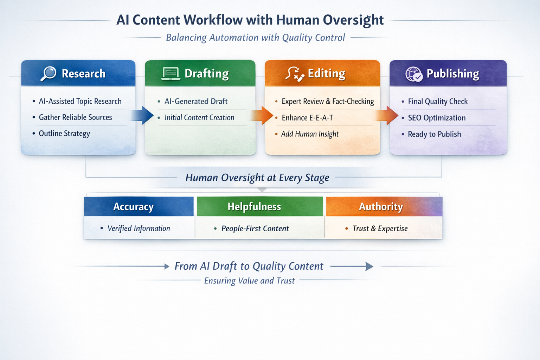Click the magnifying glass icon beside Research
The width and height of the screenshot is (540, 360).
click(49, 73)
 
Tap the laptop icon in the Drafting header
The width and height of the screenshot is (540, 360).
click(171, 73)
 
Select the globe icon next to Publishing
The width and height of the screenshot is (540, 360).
click(414, 74)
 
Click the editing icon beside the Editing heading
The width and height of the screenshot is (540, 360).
click(295, 74)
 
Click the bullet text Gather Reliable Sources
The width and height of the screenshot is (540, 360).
click(75, 117)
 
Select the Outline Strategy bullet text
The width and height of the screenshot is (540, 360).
click(64, 134)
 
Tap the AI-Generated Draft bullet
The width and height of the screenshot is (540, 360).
click(196, 101)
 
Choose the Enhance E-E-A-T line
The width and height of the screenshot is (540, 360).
click(307, 118)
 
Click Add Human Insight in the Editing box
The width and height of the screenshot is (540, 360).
click(310, 134)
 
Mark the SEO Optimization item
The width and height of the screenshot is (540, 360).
click(437, 118)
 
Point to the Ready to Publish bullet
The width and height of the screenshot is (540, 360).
click(434, 134)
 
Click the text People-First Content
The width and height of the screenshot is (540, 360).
click(255, 229)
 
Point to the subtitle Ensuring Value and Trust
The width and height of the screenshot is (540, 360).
click(249, 281)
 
